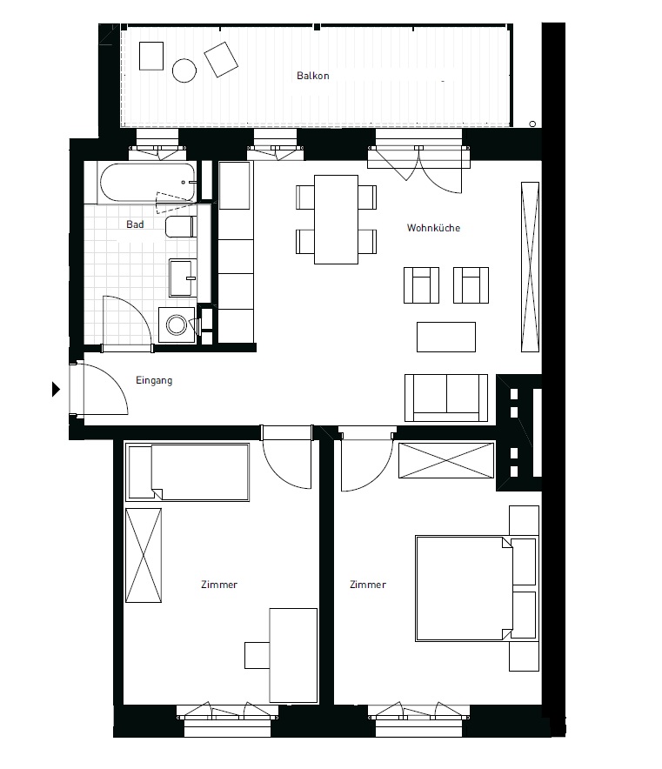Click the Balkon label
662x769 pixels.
[312, 76]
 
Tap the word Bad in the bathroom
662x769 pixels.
[135, 224]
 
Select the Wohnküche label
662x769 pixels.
[433, 229]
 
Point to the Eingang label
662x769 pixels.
[155, 380]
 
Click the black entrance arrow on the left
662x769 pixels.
[57, 389]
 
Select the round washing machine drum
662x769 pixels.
[177, 324]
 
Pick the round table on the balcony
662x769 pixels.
[184, 70]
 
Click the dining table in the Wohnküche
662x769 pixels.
[336, 219]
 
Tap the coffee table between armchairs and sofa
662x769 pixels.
[446, 337]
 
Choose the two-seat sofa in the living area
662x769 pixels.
[446, 397]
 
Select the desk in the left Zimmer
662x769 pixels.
[291, 654]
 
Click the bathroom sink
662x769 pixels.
[183, 278]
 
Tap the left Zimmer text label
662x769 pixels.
[218, 585]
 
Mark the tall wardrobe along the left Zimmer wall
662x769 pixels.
[144, 554]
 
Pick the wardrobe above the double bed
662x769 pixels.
[446, 460]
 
